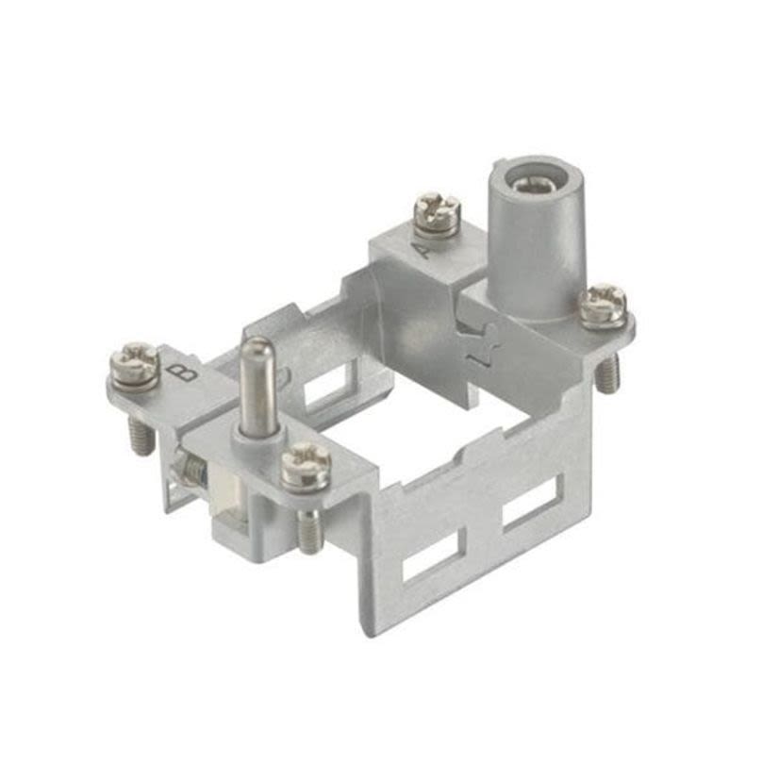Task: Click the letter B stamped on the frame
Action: click(x=188, y=371)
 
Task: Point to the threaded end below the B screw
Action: click(x=141, y=436)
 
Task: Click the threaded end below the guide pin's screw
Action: click(x=309, y=531)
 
